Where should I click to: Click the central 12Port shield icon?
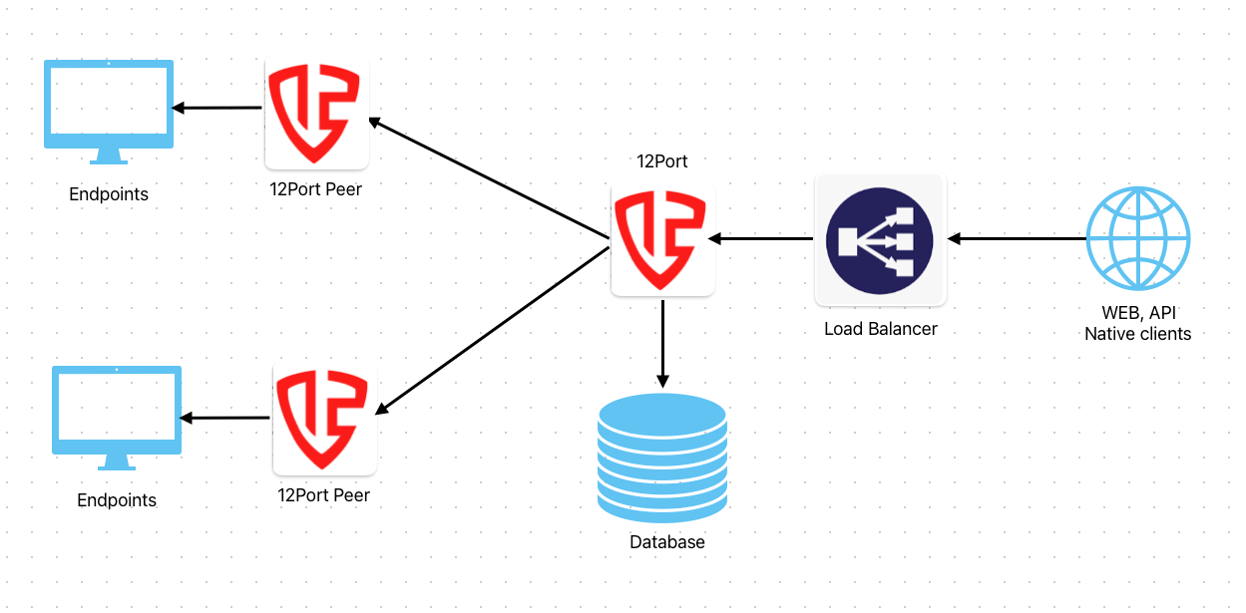tap(662, 240)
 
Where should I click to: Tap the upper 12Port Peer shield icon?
tap(316, 114)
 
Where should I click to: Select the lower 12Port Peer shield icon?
tap(324, 420)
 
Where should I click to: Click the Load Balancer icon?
tap(880, 240)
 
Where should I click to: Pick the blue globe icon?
tap(1137, 239)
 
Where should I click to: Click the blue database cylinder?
tap(662, 458)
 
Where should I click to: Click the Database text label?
tap(667, 542)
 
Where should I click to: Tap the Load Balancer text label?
tap(880, 328)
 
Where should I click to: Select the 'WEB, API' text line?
tap(1138, 314)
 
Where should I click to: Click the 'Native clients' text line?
tap(1138, 334)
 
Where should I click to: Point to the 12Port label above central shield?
tap(662, 160)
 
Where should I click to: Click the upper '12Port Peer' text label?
tap(315, 189)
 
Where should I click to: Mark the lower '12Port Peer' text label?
tap(323, 494)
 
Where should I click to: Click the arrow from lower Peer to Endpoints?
tap(225, 418)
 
